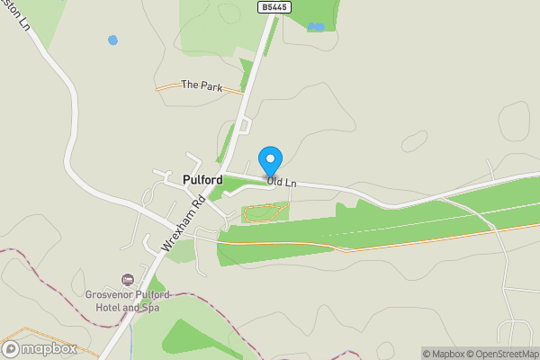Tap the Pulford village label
(x=202, y=180)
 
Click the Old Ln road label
(x=283, y=183)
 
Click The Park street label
(x=201, y=85)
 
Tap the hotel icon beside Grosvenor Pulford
(x=127, y=279)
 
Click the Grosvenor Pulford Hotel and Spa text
(x=127, y=301)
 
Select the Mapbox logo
(x=39, y=348)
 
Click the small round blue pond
(x=112, y=40)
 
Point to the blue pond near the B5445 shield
(x=315, y=27)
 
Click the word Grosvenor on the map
(x=110, y=293)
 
